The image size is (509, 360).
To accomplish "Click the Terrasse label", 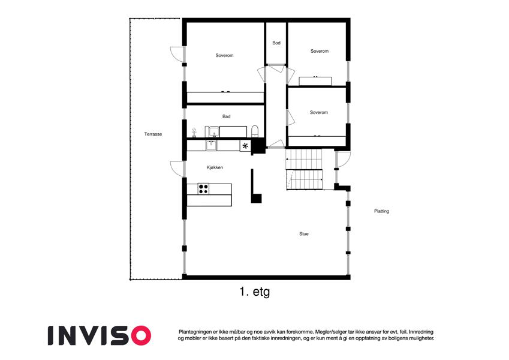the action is click(x=153, y=134).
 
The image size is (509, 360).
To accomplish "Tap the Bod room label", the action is click(x=276, y=43).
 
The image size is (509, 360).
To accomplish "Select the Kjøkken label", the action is click(x=215, y=167).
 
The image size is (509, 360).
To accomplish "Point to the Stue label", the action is click(x=304, y=233).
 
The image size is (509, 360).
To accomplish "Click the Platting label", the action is click(x=381, y=211).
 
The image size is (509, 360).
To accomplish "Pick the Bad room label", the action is click(x=226, y=116).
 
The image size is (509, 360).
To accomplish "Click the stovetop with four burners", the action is click(x=203, y=189).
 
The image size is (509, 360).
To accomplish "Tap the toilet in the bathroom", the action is click(x=255, y=131).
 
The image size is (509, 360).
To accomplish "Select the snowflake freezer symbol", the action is click(x=245, y=146).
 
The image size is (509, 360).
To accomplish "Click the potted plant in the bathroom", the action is click(x=194, y=132).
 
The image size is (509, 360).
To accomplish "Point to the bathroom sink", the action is click(x=214, y=131).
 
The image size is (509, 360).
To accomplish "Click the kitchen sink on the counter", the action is click(x=211, y=145).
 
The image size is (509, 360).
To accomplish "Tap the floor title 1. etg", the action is click(x=254, y=292).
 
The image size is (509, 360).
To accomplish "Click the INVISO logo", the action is click(x=100, y=335).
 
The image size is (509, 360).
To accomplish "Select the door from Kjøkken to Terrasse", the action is click(x=177, y=169).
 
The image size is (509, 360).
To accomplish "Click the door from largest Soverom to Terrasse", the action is click(x=177, y=54).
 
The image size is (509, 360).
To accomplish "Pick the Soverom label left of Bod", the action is click(x=224, y=55).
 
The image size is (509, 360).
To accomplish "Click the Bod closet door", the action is click(x=276, y=68).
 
